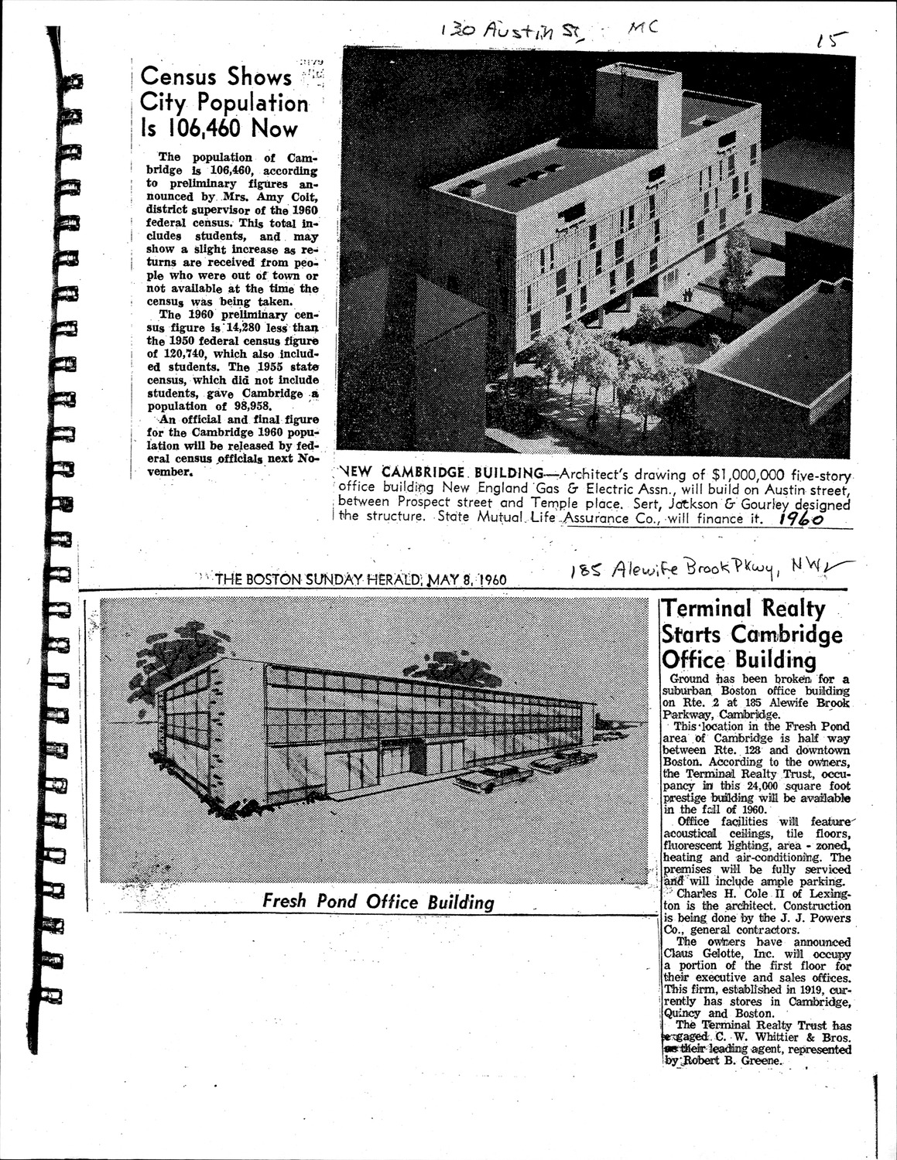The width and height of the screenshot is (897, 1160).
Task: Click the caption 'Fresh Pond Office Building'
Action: (x=378, y=902)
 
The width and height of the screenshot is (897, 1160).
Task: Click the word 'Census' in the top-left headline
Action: (x=178, y=77)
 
